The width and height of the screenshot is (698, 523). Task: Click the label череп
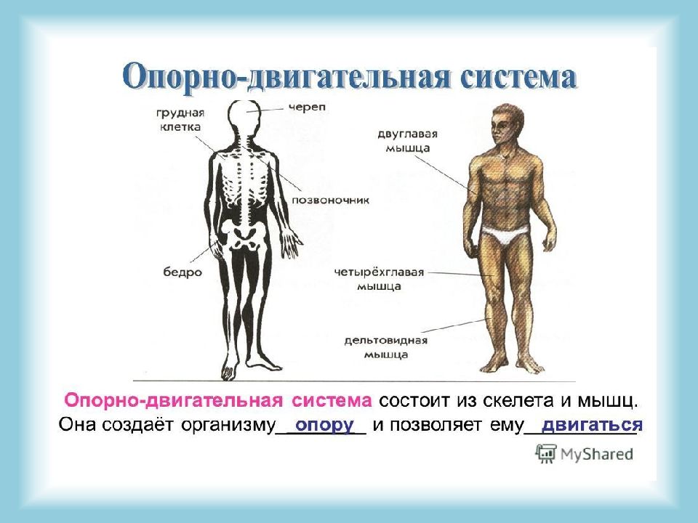(307, 108)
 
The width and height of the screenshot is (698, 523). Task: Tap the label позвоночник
(330, 200)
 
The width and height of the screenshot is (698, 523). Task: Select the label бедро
(182, 272)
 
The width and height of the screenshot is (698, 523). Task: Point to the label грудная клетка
(180, 120)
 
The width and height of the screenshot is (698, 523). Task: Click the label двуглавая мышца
(407, 141)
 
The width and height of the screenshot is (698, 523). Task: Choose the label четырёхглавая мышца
(379, 279)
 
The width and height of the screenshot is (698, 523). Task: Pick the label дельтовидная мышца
(386, 348)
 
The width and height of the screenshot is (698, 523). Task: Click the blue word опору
(324, 425)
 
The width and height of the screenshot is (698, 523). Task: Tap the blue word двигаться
(592, 425)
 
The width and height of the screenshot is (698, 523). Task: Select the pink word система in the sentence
(332, 401)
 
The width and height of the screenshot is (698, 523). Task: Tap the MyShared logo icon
(546, 453)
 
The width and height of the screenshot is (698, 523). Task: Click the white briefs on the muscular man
(505, 235)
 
